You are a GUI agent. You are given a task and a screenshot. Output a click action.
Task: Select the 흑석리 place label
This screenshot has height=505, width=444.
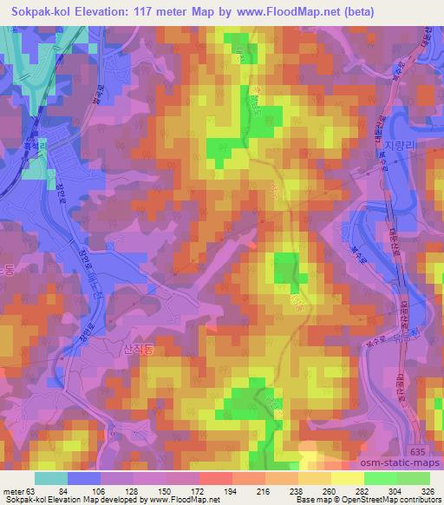[34, 144]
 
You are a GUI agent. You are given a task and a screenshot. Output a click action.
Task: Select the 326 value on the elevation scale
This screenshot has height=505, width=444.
[428, 492]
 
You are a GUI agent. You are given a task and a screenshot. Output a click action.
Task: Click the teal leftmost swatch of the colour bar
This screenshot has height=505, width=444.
[50, 478]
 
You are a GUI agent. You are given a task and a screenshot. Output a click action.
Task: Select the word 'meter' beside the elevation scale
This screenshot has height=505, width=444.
[13, 492]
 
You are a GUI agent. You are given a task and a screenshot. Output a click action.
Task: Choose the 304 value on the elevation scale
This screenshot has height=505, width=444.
[395, 492]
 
